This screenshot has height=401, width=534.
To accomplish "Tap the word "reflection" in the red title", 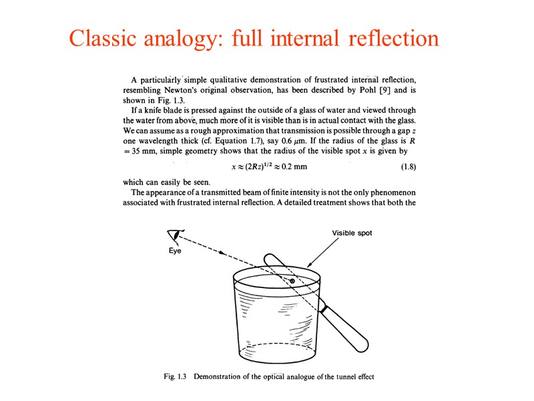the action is pyautogui.click(x=394, y=38).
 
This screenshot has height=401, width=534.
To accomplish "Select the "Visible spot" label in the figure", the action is pyautogui.click(x=352, y=233).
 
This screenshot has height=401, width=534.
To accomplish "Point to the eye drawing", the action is pyautogui.click(x=176, y=236).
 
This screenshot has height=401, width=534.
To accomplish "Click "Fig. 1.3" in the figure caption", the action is pyautogui.click(x=177, y=377).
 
